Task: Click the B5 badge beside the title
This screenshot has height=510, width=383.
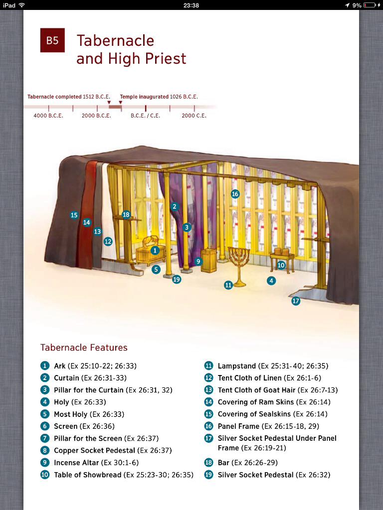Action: click(52, 41)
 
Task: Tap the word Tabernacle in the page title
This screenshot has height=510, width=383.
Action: click(115, 41)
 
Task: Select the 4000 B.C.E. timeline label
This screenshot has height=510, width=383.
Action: click(48, 116)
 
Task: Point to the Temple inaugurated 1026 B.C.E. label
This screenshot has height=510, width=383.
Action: click(159, 97)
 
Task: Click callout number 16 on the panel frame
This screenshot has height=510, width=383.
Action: click(235, 194)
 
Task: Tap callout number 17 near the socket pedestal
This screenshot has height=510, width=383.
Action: click(296, 301)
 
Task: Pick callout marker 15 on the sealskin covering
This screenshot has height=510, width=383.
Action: click(74, 215)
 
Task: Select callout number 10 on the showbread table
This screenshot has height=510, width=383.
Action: click(281, 265)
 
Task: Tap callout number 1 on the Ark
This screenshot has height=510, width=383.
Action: click(155, 251)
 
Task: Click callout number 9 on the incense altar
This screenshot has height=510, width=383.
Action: click(198, 261)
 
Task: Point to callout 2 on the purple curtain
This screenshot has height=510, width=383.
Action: click(175, 206)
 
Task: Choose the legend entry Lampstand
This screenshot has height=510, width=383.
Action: click(237, 366)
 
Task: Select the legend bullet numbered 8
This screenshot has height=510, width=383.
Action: click(45, 450)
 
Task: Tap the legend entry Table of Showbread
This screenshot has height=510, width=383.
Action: click(88, 475)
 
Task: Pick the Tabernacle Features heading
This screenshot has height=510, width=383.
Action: click(84, 348)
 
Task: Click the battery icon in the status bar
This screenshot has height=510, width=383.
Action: click(370, 5)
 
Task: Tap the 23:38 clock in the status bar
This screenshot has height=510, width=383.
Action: click(191, 5)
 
